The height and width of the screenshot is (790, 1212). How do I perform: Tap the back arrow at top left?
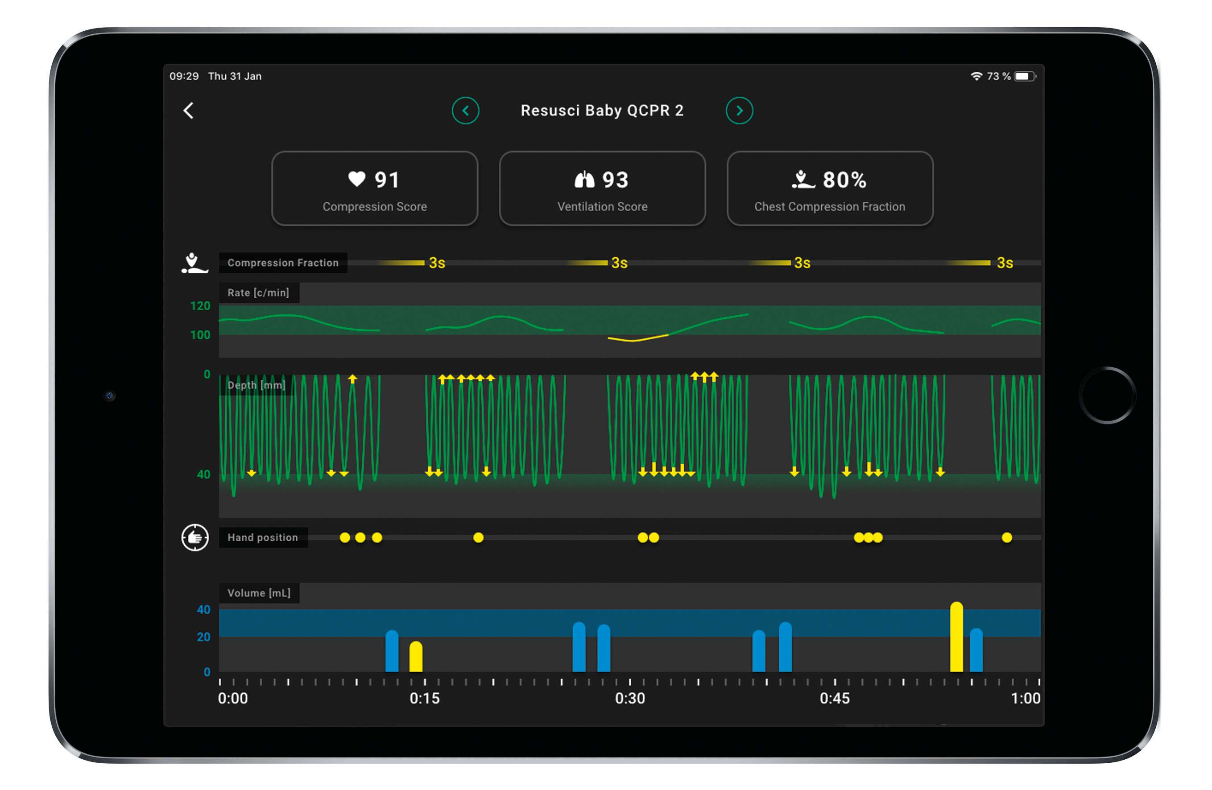(x=188, y=111)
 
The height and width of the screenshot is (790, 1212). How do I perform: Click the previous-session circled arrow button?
(x=465, y=111)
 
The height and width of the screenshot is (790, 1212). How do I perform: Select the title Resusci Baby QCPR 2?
(x=601, y=111)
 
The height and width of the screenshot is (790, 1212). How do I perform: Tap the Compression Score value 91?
(x=387, y=180)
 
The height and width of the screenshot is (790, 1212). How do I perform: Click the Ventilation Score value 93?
(x=615, y=180)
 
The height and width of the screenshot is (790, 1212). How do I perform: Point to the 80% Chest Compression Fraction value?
(x=844, y=180)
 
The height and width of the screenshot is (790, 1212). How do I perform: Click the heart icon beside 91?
(x=356, y=179)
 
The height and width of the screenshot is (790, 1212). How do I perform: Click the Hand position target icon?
(x=195, y=538)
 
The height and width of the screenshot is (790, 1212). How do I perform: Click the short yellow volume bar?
(x=416, y=656)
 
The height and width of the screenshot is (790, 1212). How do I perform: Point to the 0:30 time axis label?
(x=629, y=698)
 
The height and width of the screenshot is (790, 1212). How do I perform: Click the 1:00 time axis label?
(x=1025, y=698)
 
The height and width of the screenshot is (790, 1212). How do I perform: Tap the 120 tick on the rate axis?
(x=200, y=306)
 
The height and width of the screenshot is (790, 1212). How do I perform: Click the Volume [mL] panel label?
(x=259, y=593)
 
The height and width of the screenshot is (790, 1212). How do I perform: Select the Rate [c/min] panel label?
(x=258, y=293)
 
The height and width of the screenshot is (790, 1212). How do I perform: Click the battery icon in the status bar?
(x=1024, y=76)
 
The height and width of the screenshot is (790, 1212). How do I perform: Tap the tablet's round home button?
(x=1107, y=395)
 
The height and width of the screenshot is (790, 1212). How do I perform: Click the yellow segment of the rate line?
(x=637, y=338)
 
